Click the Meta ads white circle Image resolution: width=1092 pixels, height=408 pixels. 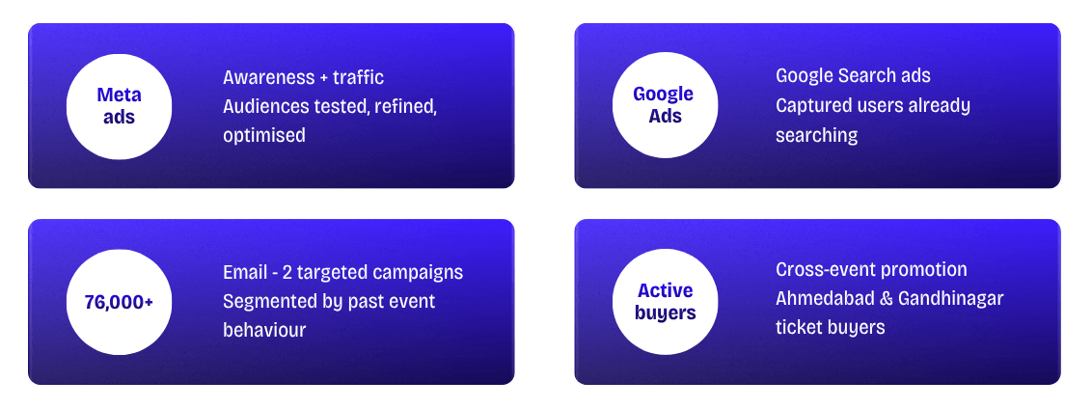click(x=119, y=106)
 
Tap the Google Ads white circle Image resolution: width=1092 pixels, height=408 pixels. click(x=665, y=106)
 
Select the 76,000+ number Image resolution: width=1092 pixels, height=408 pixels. click(x=119, y=302)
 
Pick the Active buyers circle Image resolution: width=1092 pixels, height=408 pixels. click(x=665, y=302)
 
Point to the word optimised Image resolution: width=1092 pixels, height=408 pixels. click(x=264, y=136)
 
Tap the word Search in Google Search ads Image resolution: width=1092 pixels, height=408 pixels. click(x=866, y=76)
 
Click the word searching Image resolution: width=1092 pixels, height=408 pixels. click(x=816, y=136)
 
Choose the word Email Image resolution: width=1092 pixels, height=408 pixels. click(x=246, y=272)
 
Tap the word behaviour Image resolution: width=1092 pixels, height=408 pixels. click(x=264, y=330)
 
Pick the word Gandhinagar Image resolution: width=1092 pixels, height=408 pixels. click(x=950, y=299)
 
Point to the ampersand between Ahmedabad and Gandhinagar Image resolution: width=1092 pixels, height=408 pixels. click(x=885, y=299)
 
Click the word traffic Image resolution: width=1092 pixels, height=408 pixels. click(x=358, y=77)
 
